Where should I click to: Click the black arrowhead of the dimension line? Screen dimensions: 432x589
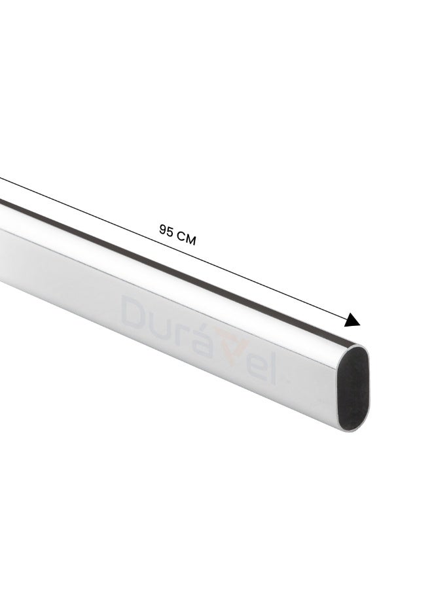click(x=352, y=321)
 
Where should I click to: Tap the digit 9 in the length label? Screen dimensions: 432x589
click(x=164, y=229)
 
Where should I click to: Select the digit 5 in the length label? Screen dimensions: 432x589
click(x=170, y=232)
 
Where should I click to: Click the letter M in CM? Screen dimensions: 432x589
click(x=191, y=240)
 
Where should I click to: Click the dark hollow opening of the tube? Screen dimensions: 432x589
click(x=353, y=387)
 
